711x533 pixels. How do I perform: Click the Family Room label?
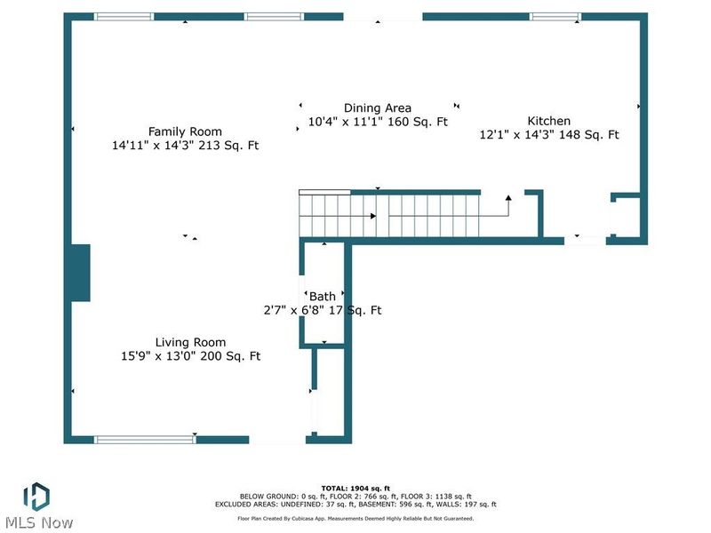click(185, 131)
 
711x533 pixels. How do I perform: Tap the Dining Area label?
click(377, 108)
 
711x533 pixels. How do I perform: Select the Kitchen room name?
click(548, 121)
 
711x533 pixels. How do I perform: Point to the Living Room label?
click(190, 343)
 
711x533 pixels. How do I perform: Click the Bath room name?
click(323, 297)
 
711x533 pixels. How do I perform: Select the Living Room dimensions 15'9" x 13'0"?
click(158, 356)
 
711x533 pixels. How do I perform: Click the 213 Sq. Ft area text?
click(232, 146)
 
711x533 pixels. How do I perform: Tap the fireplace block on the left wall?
click(80, 273)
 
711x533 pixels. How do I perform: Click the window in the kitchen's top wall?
click(555, 17)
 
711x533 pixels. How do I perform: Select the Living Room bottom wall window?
click(145, 440)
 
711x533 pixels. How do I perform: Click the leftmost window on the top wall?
click(124, 17)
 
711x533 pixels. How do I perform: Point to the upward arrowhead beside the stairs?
click(508, 198)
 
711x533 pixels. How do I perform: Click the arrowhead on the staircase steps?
click(373, 216)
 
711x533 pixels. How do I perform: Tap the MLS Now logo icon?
click(36, 497)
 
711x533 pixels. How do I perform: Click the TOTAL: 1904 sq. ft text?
click(355, 488)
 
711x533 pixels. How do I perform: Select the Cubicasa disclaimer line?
click(355, 519)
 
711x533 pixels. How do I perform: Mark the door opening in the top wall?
click(383, 17)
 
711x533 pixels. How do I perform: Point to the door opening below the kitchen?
click(585, 241)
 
